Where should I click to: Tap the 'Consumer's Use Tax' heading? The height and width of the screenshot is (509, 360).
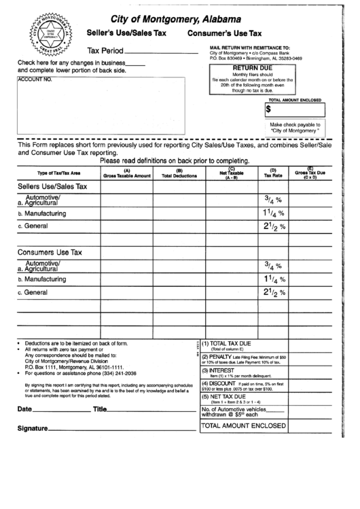tap(225, 33)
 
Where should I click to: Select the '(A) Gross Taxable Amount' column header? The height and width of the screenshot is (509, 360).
tap(126, 174)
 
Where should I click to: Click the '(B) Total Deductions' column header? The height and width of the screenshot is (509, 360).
tap(179, 174)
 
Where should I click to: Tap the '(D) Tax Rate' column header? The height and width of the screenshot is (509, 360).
tap(273, 174)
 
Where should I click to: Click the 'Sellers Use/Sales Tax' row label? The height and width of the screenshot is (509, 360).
tap(52, 186)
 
